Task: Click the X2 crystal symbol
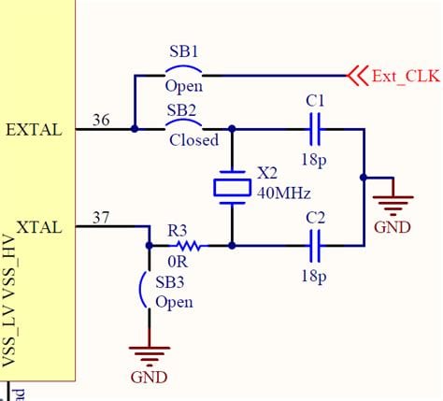coord(232,188)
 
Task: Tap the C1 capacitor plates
coord(315,129)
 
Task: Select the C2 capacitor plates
coord(315,246)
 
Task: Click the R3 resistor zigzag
coord(189,246)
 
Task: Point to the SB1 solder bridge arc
coord(183,68)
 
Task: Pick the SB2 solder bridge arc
coord(183,122)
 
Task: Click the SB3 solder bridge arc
coord(142,290)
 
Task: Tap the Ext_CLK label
coord(406,76)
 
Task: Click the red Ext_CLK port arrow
coord(357,76)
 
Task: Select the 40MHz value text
coord(284,193)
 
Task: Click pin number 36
coord(101,120)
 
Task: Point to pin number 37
coord(101,218)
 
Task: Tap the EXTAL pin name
coord(34,130)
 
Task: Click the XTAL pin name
coord(39,227)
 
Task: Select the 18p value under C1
coord(314,160)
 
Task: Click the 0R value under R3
coord(178,262)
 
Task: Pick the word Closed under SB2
coord(193,140)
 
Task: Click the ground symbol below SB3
coord(150,356)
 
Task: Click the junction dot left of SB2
coord(135,129)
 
